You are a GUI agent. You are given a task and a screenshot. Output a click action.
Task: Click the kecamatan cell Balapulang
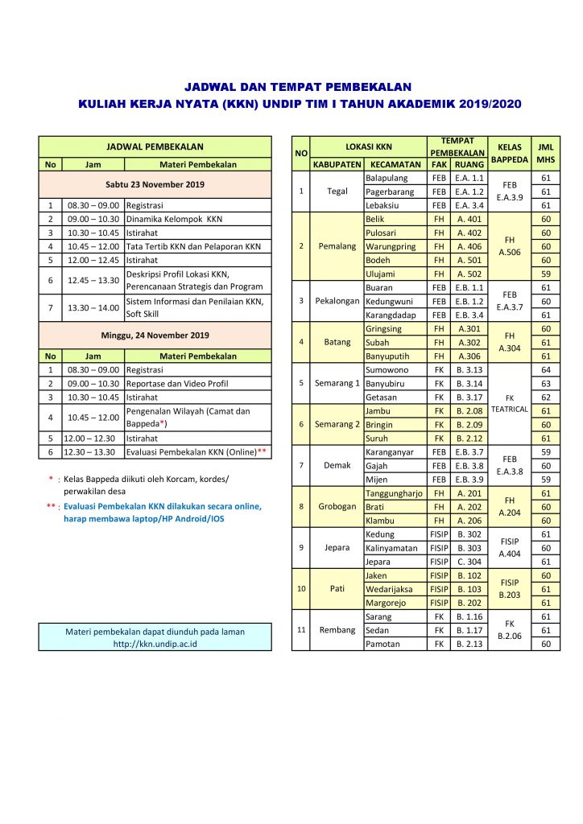click(387, 177)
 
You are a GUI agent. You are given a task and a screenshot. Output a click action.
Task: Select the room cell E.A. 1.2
click(469, 192)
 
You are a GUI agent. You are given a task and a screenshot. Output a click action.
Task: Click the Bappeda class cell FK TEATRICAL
click(509, 402)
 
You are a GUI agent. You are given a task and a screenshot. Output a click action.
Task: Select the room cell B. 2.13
click(469, 644)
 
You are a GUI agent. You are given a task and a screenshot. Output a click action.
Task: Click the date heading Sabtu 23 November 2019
click(155, 184)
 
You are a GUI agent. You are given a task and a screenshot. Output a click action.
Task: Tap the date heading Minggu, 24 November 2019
click(155, 335)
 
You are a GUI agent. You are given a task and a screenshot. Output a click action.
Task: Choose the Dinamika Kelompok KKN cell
click(174, 218)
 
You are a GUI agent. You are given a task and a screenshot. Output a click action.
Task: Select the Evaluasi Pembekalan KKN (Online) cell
click(196, 452)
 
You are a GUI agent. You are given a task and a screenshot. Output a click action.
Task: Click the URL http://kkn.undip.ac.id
click(155, 643)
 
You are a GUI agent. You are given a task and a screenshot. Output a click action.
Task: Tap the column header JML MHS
click(545, 153)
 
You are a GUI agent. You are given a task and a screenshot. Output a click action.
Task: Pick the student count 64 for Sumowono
click(545, 369)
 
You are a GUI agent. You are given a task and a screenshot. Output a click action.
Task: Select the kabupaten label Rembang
click(337, 630)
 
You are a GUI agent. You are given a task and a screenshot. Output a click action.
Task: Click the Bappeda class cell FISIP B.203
click(509, 588)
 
